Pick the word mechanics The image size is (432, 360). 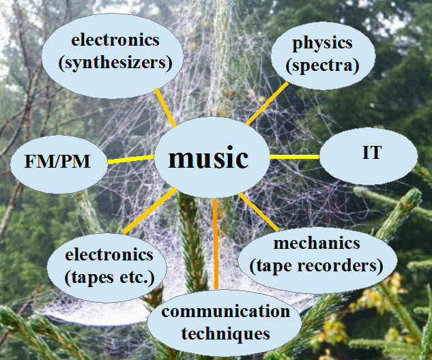[316, 243]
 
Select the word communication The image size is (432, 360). [216, 313]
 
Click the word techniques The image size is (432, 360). [216, 333]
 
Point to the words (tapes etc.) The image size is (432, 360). [109, 276]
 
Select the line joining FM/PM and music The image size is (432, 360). [131, 160]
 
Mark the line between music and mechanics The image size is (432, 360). [258, 211]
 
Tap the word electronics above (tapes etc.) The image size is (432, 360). [109, 256]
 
